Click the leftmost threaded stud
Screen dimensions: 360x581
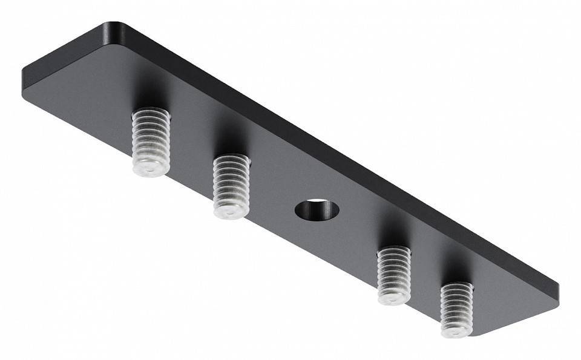pos(151,141)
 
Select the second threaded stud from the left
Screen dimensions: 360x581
pos(231,185)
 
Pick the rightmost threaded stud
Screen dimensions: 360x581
pos(456,309)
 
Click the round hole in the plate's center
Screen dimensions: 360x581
pos(317,209)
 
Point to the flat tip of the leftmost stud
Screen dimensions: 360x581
pos(150,169)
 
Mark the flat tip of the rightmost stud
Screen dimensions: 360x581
pos(455,330)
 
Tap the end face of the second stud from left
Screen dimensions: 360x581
pos(230,212)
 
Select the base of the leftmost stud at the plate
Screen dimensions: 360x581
pos(151,114)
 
